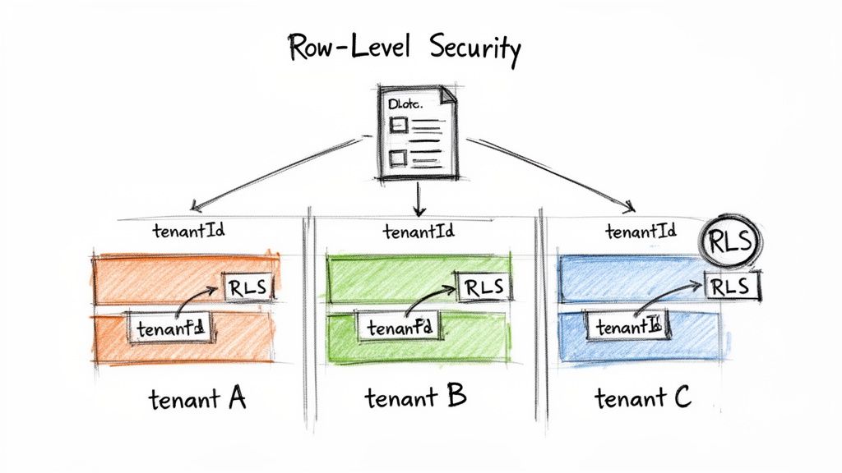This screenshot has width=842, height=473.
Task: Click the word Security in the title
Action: [475, 50]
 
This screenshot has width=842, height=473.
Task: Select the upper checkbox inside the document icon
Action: [398, 125]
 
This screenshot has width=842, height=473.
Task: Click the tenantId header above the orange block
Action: [189, 230]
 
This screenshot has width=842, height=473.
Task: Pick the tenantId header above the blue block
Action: [641, 232]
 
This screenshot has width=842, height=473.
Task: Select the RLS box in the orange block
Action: [247, 288]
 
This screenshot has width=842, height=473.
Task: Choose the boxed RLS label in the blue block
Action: [730, 287]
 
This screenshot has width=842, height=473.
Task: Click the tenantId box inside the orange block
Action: [170, 328]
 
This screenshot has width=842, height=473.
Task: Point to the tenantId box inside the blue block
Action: [628, 327]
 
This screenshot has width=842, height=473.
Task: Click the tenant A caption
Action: [197, 400]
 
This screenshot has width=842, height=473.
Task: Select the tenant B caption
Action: [415, 398]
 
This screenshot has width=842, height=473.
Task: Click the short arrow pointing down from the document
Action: [419, 198]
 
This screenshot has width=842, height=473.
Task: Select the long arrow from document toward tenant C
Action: [559, 173]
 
